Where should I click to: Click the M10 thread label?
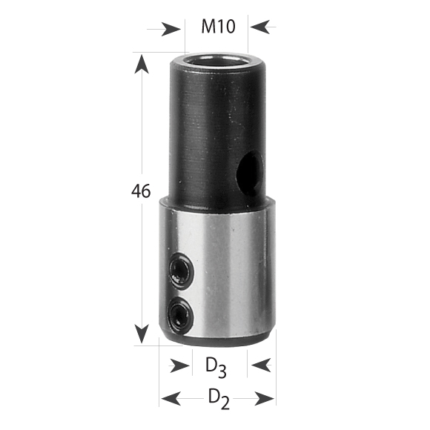point(218,27)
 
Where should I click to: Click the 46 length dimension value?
point(140,191)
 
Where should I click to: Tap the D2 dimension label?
point(216,397)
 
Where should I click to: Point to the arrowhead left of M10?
point(173,28)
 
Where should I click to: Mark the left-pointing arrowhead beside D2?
point(168,398)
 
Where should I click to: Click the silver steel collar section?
point(222,274)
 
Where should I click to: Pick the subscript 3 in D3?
point(222,369)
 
